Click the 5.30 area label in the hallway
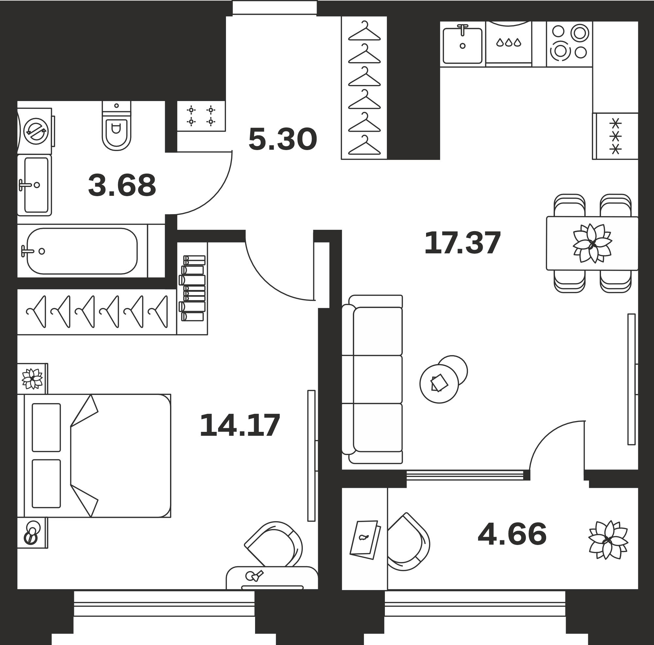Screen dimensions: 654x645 click(x=283, y=139)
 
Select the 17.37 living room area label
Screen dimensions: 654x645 click(x=462, y=243)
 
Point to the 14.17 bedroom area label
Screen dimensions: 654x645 click(x=240, y=425)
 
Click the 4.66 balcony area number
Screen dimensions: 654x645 click(x=512, y=535)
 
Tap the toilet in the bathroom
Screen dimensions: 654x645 click(x=116, y=126)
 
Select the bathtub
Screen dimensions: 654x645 click(x=82, y=251)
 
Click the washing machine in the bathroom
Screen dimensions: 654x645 click(x=36, y=131)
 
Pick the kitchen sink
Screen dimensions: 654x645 click(x=462, y=46)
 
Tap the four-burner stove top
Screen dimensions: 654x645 click(x=569, y=44)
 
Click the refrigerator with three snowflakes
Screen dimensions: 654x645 click(x=615, y=136)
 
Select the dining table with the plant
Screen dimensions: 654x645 click(x=593, y=243)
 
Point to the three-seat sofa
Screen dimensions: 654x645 click(x=372, y=379)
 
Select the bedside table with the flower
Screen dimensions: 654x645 click(x=32, y=378)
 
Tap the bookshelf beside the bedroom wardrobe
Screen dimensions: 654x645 click(x=192, y=288)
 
